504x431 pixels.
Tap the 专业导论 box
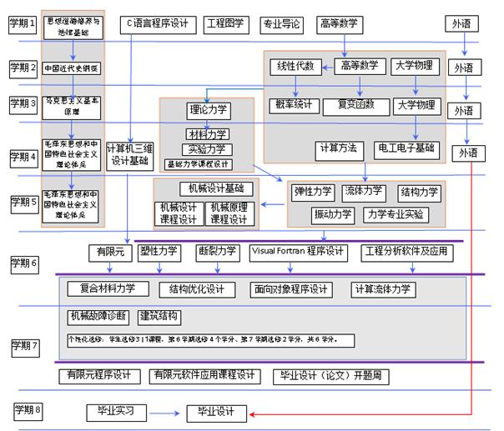[x=280, y=23]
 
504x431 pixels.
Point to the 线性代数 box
[x=295, y=66]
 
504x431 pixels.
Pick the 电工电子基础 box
[x=406, y=148]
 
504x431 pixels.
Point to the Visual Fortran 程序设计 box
[x=298, y=250]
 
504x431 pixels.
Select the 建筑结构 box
[x=159, y=316]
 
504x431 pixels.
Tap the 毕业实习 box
[x=116, y=410]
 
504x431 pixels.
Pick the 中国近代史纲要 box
[x=72, y=68]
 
